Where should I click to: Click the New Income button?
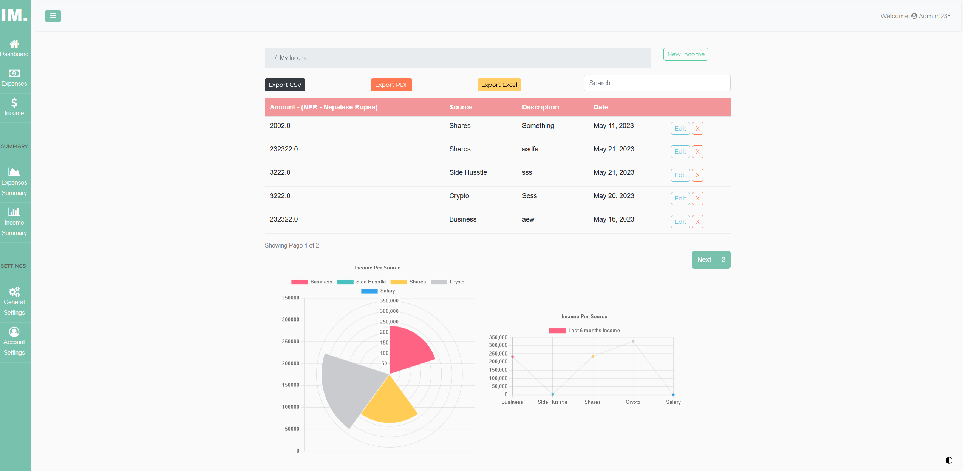685,54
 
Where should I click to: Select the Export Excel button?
499,85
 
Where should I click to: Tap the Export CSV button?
284,85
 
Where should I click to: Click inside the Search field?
656,83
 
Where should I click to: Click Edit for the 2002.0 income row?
680,128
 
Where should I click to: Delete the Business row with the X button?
697,222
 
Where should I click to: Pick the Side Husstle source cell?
468,172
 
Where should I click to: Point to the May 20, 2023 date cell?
614,196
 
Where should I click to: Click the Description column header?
540,107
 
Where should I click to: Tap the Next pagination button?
704,260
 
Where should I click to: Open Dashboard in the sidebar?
14,49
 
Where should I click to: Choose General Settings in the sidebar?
14,302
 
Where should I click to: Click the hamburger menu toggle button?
53,16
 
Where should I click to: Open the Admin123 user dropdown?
931,16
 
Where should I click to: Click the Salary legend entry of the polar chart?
378,291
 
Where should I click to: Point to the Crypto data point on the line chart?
633,341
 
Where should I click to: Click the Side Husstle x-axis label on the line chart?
552,402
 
